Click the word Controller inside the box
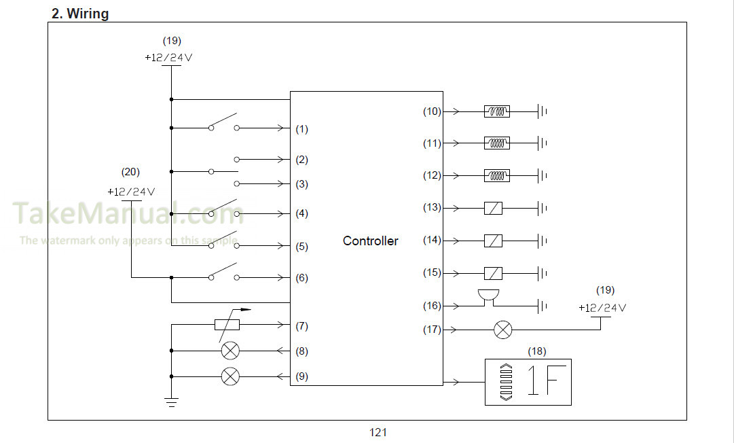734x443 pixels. [x=370, y=241]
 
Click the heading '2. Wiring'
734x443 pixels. [x=80, y=14]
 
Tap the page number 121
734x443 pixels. [x=378, y=432]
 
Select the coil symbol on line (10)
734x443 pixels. [x=496, y=111]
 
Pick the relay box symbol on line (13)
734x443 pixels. [x=493, y=208]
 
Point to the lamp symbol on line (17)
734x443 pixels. [x=503, y=330]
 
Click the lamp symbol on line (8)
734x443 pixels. [x=230, y=351]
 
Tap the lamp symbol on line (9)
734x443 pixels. [x=230, y=376]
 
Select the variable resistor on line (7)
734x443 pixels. [x=227, y=325]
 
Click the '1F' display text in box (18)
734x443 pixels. [x=543, y=380]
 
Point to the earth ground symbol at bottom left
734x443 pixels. [x=171, y=402]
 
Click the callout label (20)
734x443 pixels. [x=130, y=172]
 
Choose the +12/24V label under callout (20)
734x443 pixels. [x=131, y=192]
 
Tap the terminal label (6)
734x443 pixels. [x=302, y=278]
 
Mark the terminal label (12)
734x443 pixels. [x=432, y=175]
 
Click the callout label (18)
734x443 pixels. [x=537, y=351]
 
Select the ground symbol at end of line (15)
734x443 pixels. [x=543, y=273]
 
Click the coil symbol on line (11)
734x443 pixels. [x=496, y=143]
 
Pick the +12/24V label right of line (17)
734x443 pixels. [x=602, y=308]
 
